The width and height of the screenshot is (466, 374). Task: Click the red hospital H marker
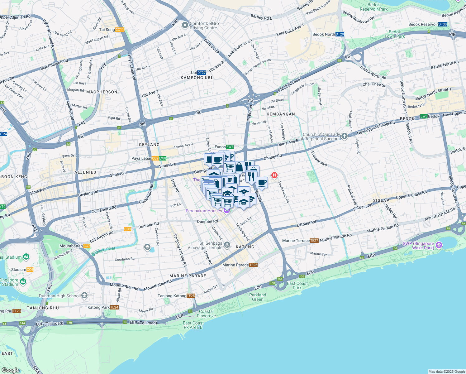[274, 175]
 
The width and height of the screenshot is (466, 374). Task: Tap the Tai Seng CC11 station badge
[120, 30]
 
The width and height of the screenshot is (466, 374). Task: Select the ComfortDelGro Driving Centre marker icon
[185, 25]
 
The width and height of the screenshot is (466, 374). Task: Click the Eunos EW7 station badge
[230, 147]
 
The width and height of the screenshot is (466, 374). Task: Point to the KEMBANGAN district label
[281, 114]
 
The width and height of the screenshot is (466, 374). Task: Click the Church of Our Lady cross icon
[344, 136]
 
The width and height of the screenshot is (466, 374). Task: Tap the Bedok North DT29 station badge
[340, 34]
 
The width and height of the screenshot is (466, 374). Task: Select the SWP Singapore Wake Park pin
[439, 245]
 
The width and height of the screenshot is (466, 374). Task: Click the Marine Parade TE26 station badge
[253, 265]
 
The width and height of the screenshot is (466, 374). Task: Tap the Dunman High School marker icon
[84, 295]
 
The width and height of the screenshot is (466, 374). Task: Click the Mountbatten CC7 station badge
[87, 246]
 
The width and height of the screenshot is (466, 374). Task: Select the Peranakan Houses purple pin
[227, 211]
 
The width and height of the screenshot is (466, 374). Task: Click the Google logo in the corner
[11, 370]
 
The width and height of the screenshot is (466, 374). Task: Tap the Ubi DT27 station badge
[202, 73]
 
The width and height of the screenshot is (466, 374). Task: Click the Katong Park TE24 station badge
[114, 307]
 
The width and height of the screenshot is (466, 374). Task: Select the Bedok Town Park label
[395, 34]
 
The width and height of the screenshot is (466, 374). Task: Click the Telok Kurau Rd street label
[284, 192]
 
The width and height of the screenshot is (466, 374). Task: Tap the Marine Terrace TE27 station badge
[314, 241]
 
